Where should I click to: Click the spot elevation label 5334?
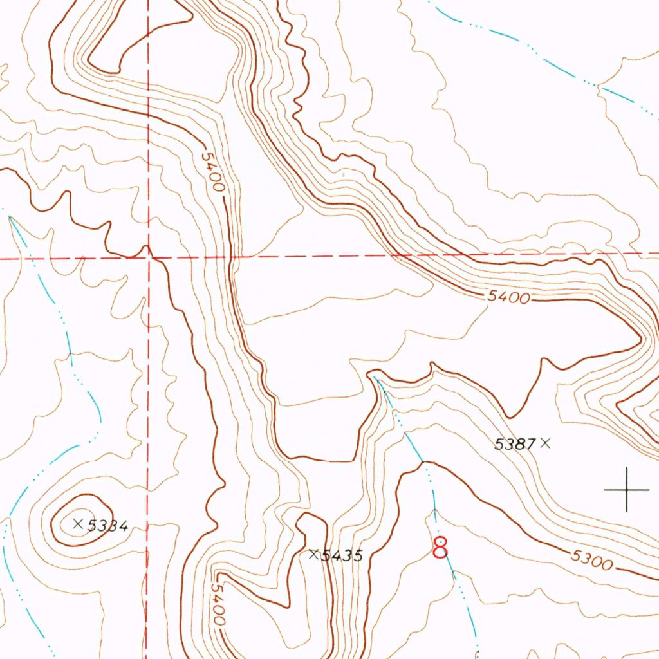click(108, 526)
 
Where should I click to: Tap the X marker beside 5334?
click(79, 524)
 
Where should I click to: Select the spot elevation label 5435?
click(342, 555)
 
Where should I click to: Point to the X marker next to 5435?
click(314, 553)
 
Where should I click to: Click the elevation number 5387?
click(515, 443)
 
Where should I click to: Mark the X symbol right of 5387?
click(546, 442)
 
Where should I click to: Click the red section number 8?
click(441, 548)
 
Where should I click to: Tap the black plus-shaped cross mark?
click(627, 490)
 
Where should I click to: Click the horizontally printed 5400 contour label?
click(508, 297)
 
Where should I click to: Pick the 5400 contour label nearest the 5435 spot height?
click(218, 604)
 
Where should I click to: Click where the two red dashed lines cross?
click(148, 258)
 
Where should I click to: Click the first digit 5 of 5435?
click(326, 555)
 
